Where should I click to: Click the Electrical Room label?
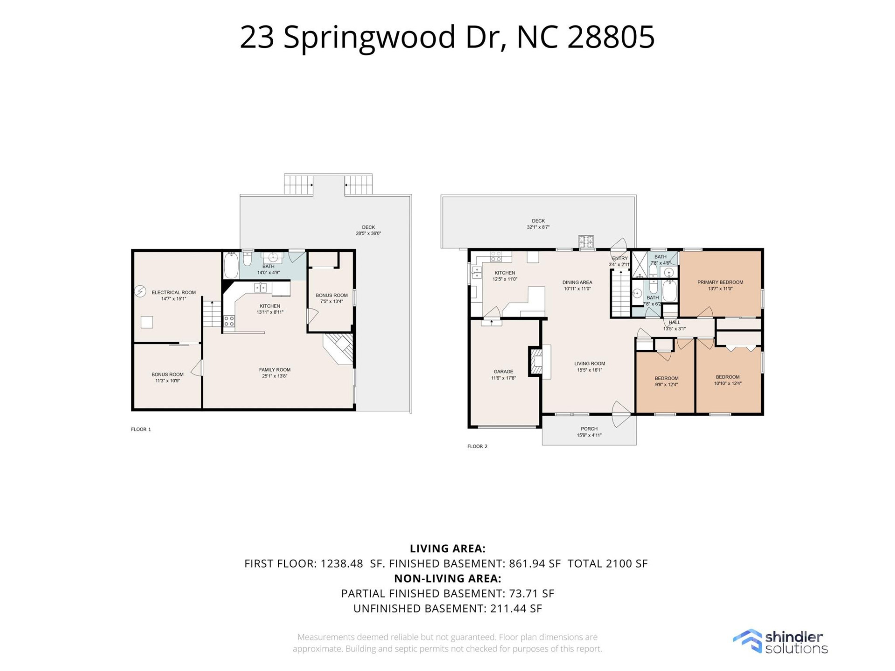[173, 293]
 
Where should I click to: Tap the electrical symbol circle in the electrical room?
[140, 292]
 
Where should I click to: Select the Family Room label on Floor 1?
[275, 370]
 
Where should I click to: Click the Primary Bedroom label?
[720, 282]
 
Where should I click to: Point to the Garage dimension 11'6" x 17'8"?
[503, 378]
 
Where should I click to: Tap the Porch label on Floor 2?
[589, 429]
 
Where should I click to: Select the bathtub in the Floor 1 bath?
[231, 266]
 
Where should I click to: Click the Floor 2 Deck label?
[538, 221]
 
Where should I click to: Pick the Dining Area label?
[577, 282]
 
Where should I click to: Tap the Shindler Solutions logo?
[780, 642]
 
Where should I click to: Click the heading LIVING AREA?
[447, 548]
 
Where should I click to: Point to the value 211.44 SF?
[516, 609]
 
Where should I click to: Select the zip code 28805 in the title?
[611, 37]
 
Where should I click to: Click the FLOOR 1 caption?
[141, 430]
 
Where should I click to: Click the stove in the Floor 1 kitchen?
[229, 321]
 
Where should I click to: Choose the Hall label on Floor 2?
[675, 322]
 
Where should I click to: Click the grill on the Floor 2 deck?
[586, 241]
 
